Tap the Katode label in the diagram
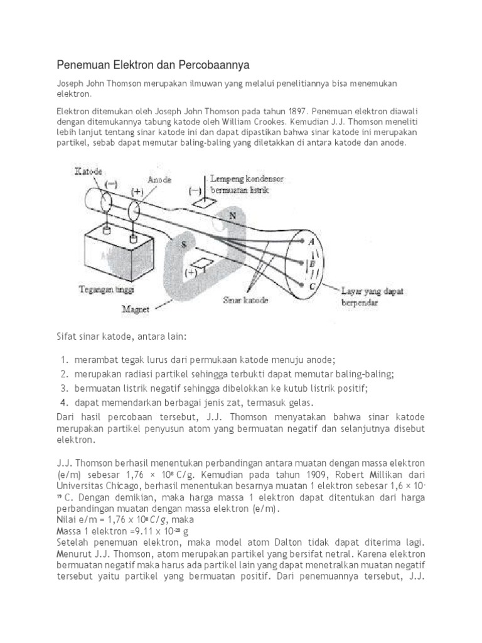pyautogui.click(x=88, y=170)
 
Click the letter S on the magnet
pyautogui.click(x=183, y=245)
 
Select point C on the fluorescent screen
pyautogui.click(x=312, y=286)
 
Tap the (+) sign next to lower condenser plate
pyautogui.click(x=188, y=274)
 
